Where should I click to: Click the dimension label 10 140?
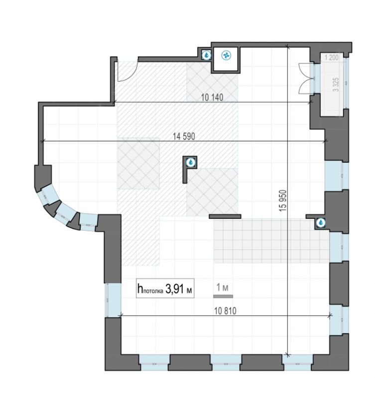click(x=212, y=97)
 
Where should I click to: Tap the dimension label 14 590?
click(x=184, y=136)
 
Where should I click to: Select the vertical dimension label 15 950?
click(x=283, y=200)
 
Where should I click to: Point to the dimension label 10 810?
click(x=226, y=310)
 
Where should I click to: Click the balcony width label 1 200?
click(x=332, y=58)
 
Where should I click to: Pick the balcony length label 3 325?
click(x=336, y=85)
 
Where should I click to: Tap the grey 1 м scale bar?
click(x=223, y=296)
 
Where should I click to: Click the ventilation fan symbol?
click(x=226, y=55)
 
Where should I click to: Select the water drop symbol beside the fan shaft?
click(x=207, y=55)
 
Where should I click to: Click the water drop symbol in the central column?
click(x=191, y=162)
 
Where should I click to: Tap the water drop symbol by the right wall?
click(x=321, y=222)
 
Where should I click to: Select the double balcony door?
click(x=305, y=79)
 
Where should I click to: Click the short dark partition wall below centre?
click(x=225, y=216)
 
